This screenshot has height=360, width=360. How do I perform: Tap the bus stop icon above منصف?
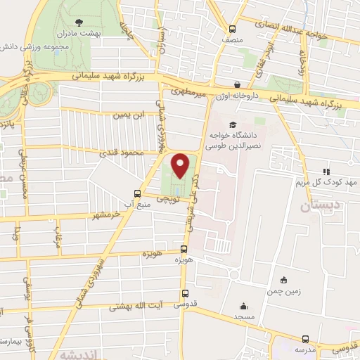(x=233, y=29)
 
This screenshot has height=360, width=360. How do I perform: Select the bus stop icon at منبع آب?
(x=138, y=193)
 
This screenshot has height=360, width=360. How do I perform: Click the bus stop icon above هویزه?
(x=184, y=249)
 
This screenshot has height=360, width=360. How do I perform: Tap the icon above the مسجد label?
(x=243, y=306)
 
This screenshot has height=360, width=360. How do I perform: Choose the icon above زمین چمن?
(x=283, y=279)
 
